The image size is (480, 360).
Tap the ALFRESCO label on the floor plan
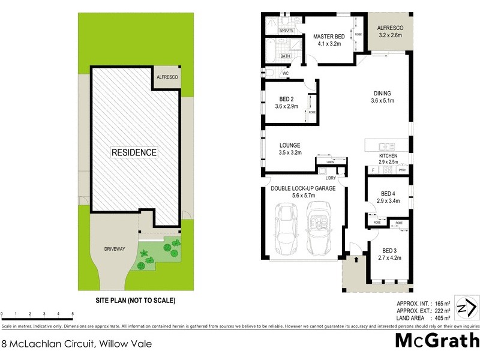point(390,28)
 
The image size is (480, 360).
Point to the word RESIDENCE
point(134,152)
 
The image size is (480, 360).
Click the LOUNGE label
point(290,145)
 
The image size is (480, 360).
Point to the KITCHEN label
point(388,156)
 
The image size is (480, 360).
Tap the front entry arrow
point(356,260)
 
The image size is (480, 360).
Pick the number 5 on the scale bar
point(73,314)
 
